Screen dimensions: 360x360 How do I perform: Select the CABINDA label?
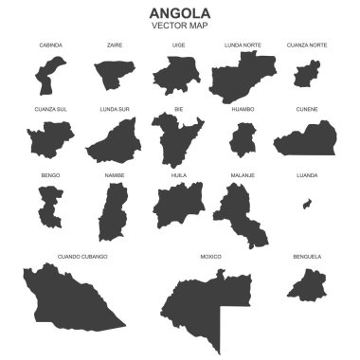[x=51, y=45]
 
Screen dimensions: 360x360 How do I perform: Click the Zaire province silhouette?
[x=112, y=75]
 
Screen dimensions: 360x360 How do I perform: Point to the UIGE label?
[x=178, y=45]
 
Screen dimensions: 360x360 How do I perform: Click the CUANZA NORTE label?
[x=307, y=45]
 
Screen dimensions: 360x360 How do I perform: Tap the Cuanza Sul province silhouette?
[x=50, y=140]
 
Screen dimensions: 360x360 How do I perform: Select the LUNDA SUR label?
[x=115, y=109]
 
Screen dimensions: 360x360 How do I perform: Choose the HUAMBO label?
[x=243, y=109]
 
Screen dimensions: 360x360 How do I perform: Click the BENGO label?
[x=50, y=175]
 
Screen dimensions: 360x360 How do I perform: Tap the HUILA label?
[x=178, y=175]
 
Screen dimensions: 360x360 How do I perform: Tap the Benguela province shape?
[x=307, y=283]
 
